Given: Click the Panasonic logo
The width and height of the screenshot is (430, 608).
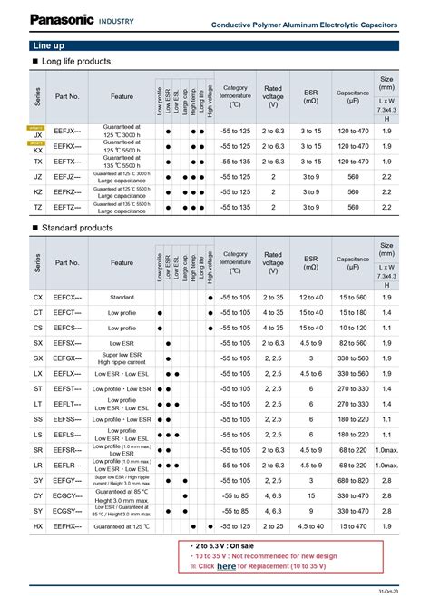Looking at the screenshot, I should (x=44, y=19).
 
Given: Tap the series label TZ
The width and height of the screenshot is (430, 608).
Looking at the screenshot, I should (x=38, y=208).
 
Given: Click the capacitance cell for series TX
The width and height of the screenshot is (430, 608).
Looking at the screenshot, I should (x=353, y=162).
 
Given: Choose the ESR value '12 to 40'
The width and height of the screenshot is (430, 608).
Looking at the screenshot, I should (x=312, y=297).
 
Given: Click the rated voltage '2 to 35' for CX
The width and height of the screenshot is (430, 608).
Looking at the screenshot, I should (x=273, y=297).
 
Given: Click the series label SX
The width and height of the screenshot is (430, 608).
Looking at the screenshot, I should (x=38, y=343).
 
